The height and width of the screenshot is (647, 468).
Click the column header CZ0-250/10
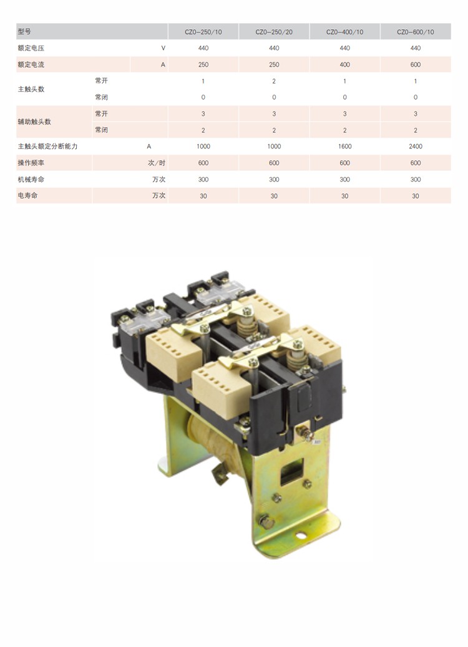pyautogui.click(x=203, y=32)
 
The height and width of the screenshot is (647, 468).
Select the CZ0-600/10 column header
pyautogui.click(x=416, y=32)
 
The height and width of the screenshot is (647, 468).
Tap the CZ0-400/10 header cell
pyautogui.click(x=345, y=32)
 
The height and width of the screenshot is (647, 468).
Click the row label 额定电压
pyautogui.click(x=31, y=48)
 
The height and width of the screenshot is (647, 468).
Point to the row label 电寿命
pyautogui.click(x=27, y=196)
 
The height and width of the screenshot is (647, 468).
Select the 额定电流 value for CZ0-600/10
pyautogui.click(x=416, y=64)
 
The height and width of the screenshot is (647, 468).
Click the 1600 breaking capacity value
pyautogui.click(x=345, y=146)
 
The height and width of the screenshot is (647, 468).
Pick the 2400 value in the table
pyautogui.click(x=416, y=146)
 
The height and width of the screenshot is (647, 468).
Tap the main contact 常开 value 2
pyautogui.click(x=274, y=81)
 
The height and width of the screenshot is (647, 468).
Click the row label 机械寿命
pyautogui.click(x=31, y=179)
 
